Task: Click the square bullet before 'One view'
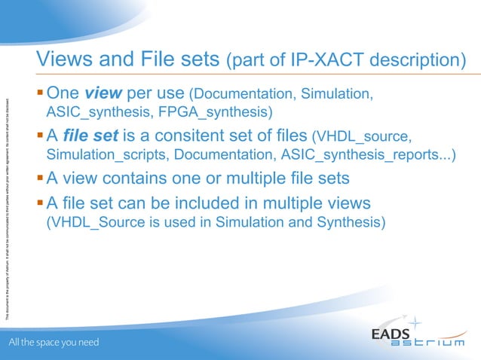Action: tap(41, 94)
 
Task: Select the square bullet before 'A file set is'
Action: tap(41, 136)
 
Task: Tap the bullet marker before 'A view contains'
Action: tap(41, 179)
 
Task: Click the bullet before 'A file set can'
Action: tap(41, 203)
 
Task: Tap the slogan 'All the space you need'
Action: tap(54, 343)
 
